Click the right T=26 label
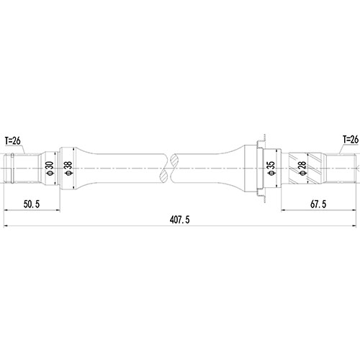[x=350, y=139]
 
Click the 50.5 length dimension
[x=31, y=204]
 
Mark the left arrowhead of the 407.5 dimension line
[x=6, y=228]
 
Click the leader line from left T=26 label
[x=24, y=148]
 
